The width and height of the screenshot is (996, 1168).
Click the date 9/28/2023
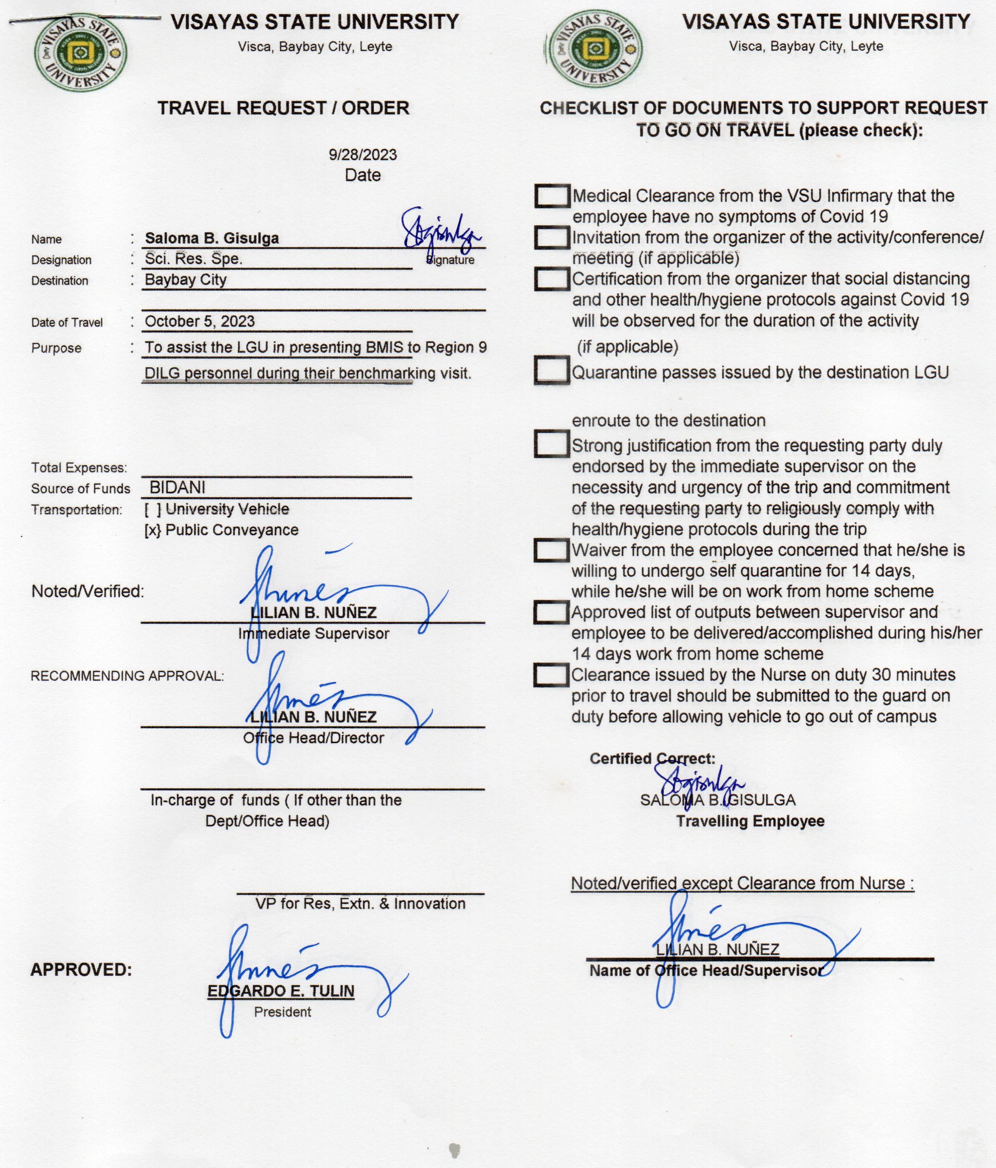(x=363, y=154)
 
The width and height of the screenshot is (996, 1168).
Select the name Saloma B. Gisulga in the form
(x=212, y=238)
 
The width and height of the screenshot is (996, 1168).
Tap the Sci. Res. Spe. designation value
(x=194, y=259)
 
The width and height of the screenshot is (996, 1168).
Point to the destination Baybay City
(x=185, y=280)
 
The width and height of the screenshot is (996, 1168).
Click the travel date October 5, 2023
(x=200, y=321)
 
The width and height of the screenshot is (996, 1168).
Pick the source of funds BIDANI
(x=177, y=488)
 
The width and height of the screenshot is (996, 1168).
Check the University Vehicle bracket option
(x=152, y=510)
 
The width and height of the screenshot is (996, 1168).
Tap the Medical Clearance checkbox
(x=551, y=196)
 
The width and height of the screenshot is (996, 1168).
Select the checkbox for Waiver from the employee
(x=551, y=551)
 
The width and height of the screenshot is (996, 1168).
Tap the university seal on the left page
(x=80, y=52)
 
